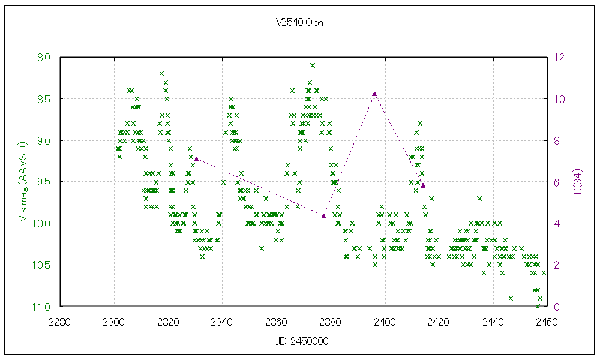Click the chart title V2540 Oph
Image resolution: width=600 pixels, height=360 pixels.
coord(300,23)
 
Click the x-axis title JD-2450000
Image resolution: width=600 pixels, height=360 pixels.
coord(300,341)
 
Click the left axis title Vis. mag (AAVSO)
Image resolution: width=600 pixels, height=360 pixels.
coord(23,182)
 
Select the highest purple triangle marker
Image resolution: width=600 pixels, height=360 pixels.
coord(374,94)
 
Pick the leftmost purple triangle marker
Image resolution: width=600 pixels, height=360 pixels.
coord(196,158)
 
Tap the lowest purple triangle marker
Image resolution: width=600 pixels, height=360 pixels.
coord(323,216)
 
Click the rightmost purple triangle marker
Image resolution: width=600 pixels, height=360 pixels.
coord(423,185)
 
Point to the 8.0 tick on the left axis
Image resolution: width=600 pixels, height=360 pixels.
coord(44,58)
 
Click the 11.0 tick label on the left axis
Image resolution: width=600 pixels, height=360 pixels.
coord(43,307)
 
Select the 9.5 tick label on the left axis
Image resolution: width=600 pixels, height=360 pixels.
coord(44,182)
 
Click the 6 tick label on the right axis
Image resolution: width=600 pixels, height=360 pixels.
coord(557,182)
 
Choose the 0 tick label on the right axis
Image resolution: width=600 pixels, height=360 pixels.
coord(557,307)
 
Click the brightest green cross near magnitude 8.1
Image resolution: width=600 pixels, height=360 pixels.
coord(313,65)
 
